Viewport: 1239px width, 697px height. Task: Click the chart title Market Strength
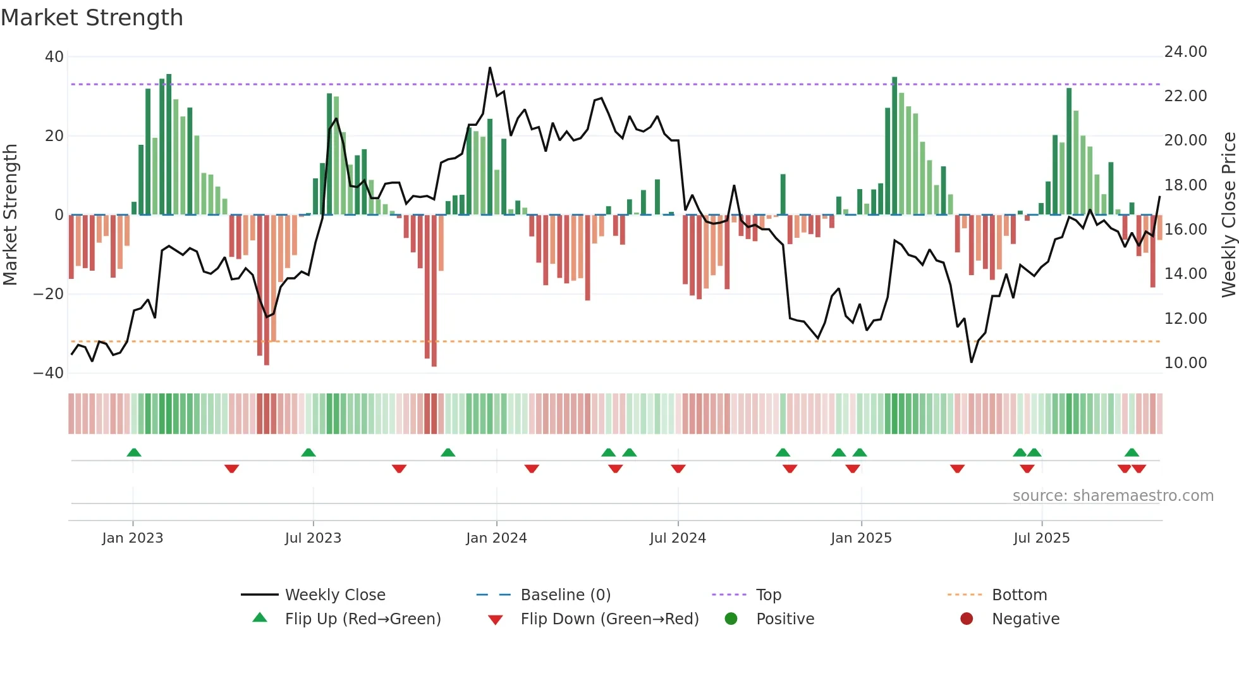[92, 18]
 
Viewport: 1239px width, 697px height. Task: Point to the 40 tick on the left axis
[54, 57]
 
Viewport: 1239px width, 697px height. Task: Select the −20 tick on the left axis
[49, 294]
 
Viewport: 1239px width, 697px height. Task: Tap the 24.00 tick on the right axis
[1185, 52]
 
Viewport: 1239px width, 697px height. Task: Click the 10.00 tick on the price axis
[1185, 363]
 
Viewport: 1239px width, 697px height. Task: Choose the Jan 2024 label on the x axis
[496, 538]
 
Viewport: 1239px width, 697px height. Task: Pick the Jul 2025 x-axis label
[1041, 538]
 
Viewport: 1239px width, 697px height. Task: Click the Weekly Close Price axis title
[1228, 215]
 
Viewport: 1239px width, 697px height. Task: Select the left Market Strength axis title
[10, 215]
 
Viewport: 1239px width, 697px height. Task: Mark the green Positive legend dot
[731, 619]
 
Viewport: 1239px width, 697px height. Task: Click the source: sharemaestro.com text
[1113, 496]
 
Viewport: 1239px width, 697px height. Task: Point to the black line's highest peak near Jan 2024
[490, 68]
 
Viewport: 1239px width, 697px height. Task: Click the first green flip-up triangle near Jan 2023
[133, 453]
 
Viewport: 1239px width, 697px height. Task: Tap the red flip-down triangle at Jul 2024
[678, 469]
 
